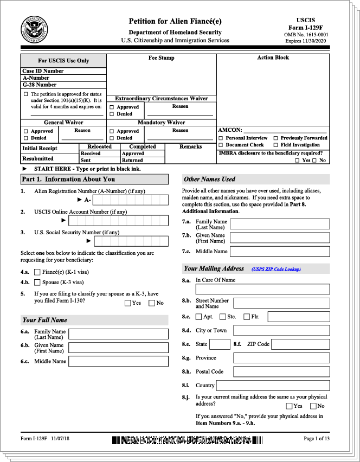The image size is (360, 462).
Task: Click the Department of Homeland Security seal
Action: tap(34, 30)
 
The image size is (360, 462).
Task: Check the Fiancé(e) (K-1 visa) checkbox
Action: tap(37, 272)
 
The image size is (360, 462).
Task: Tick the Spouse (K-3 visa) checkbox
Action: tap(37, 283)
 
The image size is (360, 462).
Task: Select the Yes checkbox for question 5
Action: tap(127, 303)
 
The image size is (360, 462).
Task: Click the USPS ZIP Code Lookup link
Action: tap(276, 269)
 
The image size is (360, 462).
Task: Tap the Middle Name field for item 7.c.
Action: tap(280, 252)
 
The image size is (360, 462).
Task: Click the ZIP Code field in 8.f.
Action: tap(300, 344)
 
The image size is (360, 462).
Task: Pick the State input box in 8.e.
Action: tap(220, 344)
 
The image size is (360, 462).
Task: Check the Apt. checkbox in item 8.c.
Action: tap(198, 317)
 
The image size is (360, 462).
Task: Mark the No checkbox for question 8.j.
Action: tap(313, 406)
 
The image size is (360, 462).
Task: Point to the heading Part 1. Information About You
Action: tap(68, 179)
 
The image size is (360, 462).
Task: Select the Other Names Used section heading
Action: tap(209, 179)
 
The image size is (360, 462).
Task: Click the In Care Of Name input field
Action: tap(262, 289)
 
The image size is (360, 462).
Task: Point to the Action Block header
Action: tap(273, 57)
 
